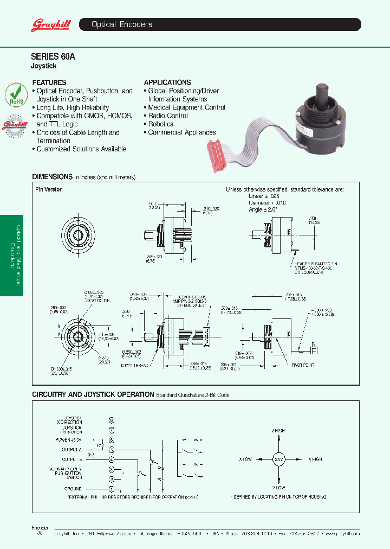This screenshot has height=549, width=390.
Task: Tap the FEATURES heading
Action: click(x=49, y=82)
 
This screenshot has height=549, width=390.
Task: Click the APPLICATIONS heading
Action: click(x=167, y=82)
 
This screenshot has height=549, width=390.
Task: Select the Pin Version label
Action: click(x=49, y=189)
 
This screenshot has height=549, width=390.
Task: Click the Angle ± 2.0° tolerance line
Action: click(x=263, y=209)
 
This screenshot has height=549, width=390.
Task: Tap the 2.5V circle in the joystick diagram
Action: click(x=278, y=458)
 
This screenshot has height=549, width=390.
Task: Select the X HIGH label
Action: click(x=315, y=459)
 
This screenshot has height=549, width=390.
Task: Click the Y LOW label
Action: click(x=278, y=488)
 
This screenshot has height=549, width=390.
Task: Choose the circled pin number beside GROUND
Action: click(x=112, y=489)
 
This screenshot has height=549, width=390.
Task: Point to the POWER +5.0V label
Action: click(x=68, y=440)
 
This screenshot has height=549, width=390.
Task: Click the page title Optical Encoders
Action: click(x=122, y=24)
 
